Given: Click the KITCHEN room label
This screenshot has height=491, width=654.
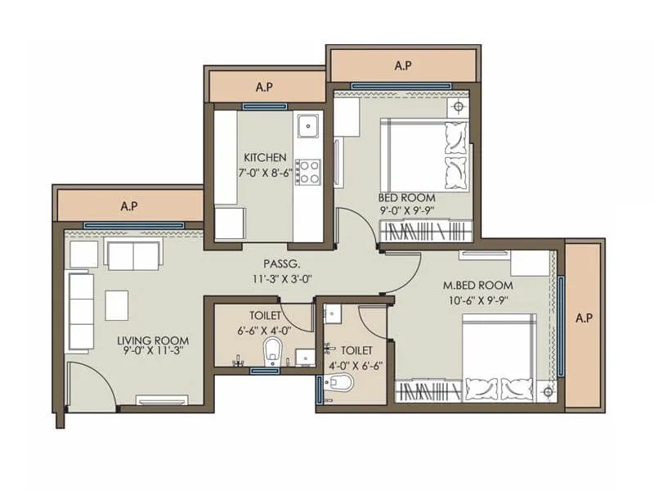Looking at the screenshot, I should pyautogui.click(x=264, y=157).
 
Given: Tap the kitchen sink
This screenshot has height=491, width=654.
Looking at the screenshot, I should pyautogui.click(x=308, y=125).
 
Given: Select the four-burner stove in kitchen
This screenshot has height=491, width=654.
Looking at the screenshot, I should pyautogui.click(x=308, y=171).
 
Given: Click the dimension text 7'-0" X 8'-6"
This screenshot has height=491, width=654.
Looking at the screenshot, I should pyautogui.click(x=264, y=173).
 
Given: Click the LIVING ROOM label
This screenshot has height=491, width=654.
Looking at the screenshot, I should pyautogui.click(x=153, y=340).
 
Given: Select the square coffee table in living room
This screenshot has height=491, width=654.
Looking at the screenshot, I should pyautogui.click(x=117, y=305).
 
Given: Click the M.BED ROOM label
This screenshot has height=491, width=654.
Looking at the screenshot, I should pyautogui.click(x=477, y=285).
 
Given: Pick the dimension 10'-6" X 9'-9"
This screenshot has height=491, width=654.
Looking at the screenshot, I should pyautogui.click(x=478, y=300).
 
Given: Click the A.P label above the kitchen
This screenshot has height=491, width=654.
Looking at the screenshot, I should pyautogui.click(x=263, y=86).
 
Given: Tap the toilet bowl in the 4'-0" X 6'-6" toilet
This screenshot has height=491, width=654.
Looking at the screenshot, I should pyautogui.click(x=342, y=382).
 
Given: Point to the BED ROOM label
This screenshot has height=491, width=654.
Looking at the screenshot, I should pyautogui.click(x=406, y=198).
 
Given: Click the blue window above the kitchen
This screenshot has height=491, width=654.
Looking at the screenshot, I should pyautogui.click(x=264, y=106).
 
